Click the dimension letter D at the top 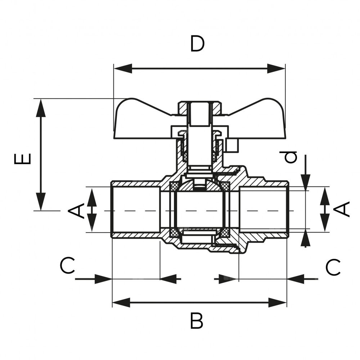tap(198, 44)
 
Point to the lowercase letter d tap(291, 157)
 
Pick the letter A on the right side tap(344, 209)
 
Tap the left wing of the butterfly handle tap(140, 119)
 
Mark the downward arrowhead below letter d tap(305, 182)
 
